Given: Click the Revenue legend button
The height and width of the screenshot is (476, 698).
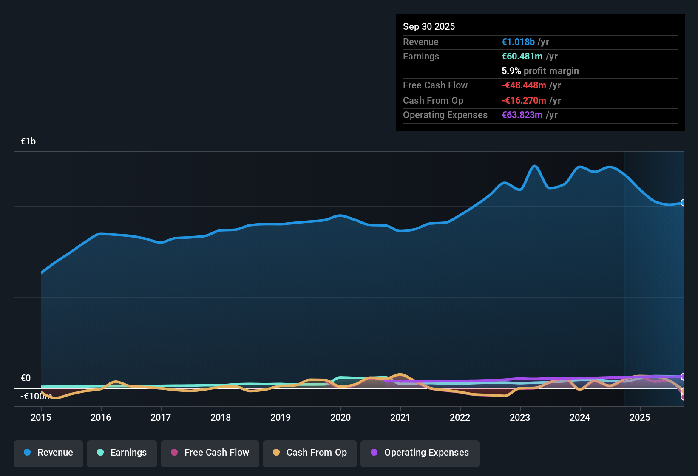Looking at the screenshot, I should [x=48, y=453].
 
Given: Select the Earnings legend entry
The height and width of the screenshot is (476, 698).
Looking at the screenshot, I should [x=122, y=453].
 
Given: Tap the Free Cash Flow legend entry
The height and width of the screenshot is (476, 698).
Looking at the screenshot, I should [x=210, y=453].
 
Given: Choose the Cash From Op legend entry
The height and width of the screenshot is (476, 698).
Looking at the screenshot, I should [x=310, y=453].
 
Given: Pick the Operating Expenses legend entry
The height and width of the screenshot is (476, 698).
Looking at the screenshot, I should [x=420, y=453].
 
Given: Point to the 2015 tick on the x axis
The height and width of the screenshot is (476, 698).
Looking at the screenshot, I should [x=41, y=417].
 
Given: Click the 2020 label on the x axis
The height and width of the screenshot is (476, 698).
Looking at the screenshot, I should [x=340, y=417].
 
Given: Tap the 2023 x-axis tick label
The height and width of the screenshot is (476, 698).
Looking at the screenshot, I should [x=520, y=417].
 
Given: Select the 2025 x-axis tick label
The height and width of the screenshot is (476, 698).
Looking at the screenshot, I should [x=640, y=417].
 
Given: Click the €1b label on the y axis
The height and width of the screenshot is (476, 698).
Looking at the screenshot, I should [x=28, y=142].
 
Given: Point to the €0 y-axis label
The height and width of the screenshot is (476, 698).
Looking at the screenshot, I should [x=26, y=378].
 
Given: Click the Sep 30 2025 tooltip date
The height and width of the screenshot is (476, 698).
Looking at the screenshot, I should [x=429, y=26].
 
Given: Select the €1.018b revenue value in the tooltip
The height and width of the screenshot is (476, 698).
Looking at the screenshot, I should [x=518, y=42].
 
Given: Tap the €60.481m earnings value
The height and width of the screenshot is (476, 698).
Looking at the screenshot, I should [x=522, y=57].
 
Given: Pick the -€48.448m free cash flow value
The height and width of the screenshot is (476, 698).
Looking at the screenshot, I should [x=524, y=85].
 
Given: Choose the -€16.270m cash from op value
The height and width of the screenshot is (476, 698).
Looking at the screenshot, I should [x=524, y=101].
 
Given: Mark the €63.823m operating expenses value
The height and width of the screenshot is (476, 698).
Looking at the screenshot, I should [x=522, y=115].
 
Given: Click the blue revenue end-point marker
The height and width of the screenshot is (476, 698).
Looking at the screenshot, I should [x=683, y=203].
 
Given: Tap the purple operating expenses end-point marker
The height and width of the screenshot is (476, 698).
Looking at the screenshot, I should [x=683, y=377].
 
